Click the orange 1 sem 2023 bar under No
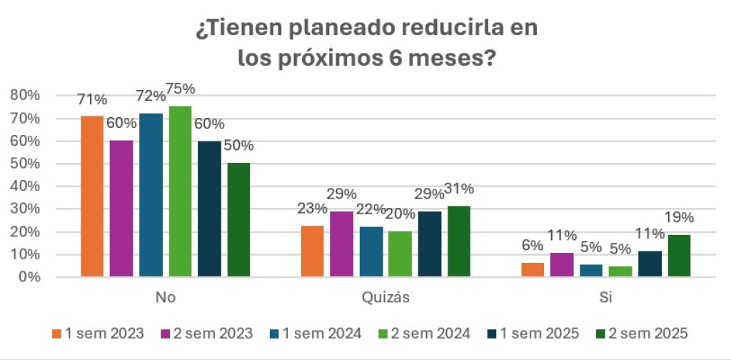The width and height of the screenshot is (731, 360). pos(92,196)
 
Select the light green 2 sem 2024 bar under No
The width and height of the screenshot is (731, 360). pos(180,191)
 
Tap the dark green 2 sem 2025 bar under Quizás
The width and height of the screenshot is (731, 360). pos(458,241)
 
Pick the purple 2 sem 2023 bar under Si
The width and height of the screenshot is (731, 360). pos(561,264)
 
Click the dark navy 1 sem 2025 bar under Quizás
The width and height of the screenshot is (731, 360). pos(429,244)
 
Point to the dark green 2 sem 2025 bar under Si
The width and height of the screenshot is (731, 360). pos(678,255)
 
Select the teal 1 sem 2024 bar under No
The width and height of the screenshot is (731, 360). pos(151,194)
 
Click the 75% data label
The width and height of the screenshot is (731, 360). pos(181,89)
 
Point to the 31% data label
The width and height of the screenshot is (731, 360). pos(459,189)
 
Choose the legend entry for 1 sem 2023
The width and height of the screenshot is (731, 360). pos(98,333)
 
